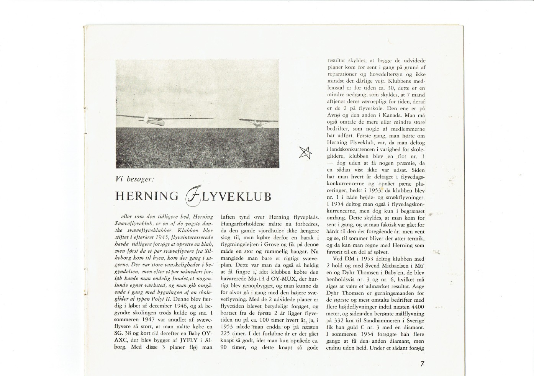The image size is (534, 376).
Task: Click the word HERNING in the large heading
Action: point(147,196)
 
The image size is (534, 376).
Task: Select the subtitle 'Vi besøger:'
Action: point(134,178)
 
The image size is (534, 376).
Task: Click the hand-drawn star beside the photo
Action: point(305,153)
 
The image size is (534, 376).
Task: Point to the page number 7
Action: point(422,364)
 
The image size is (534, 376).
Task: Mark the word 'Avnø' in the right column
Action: point(333,115)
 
